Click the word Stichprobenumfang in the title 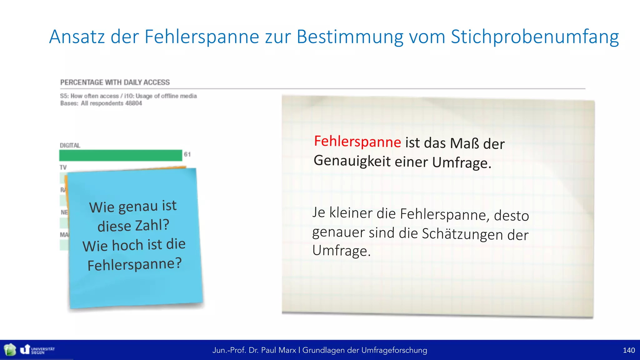coord(535,37)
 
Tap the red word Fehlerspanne coord(357,141)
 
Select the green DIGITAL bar coord(121,155)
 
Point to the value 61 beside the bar coord(187,154)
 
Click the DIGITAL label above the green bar coord(70,145)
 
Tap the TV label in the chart coord(63,167)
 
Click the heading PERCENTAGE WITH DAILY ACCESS coord(115,82)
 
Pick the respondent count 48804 coord(133,103)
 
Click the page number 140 coord(628,350)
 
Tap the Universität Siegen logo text coord(42,350)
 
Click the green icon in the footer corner coord(10,350)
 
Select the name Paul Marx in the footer coord(278,350)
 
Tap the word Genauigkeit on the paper coord(352,161)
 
